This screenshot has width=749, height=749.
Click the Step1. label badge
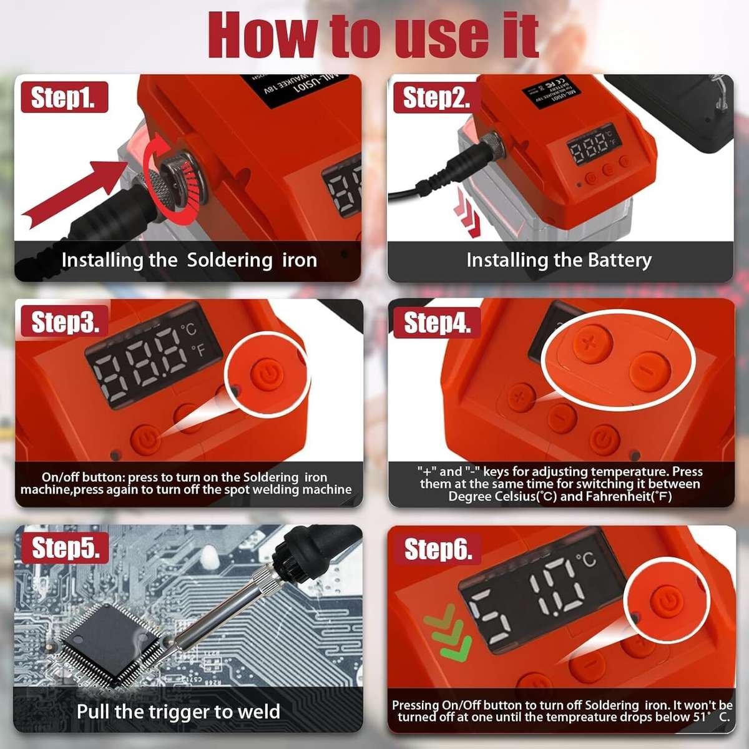[x=64, y=98]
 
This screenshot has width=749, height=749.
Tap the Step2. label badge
[x=436, y=98]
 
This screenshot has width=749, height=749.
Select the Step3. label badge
[x=65, y=322]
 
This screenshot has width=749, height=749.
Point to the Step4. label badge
[x=436, y=323]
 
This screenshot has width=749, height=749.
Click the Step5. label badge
[x=66, y=547]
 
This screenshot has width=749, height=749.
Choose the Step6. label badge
[x=438, y=549]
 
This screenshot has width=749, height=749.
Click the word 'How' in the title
[x=263, y=36]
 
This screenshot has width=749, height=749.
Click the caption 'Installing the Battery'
[x=559, y=260]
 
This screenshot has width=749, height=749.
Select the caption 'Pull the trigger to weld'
[x=178, y=712]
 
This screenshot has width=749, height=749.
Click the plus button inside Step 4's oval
[x=587, y=343]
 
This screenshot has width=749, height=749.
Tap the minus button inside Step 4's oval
[x=649, y=371]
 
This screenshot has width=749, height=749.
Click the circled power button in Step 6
[x=667, y=603]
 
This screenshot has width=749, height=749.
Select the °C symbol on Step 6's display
[x=586, y=559]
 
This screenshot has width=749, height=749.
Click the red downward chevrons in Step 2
[x=469, y=215]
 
